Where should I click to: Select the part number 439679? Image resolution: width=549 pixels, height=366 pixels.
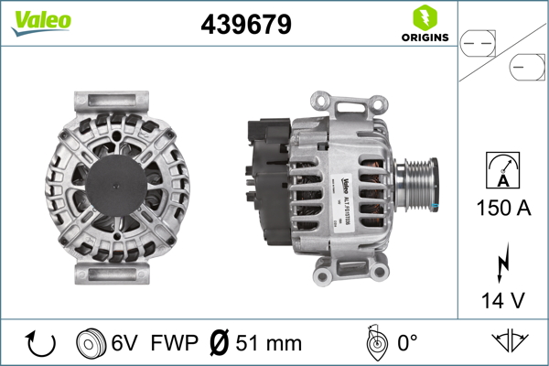point(246,25)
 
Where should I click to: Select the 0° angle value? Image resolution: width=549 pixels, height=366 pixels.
point(408,344)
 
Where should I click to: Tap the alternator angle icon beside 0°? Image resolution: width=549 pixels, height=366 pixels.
point(373,343)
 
